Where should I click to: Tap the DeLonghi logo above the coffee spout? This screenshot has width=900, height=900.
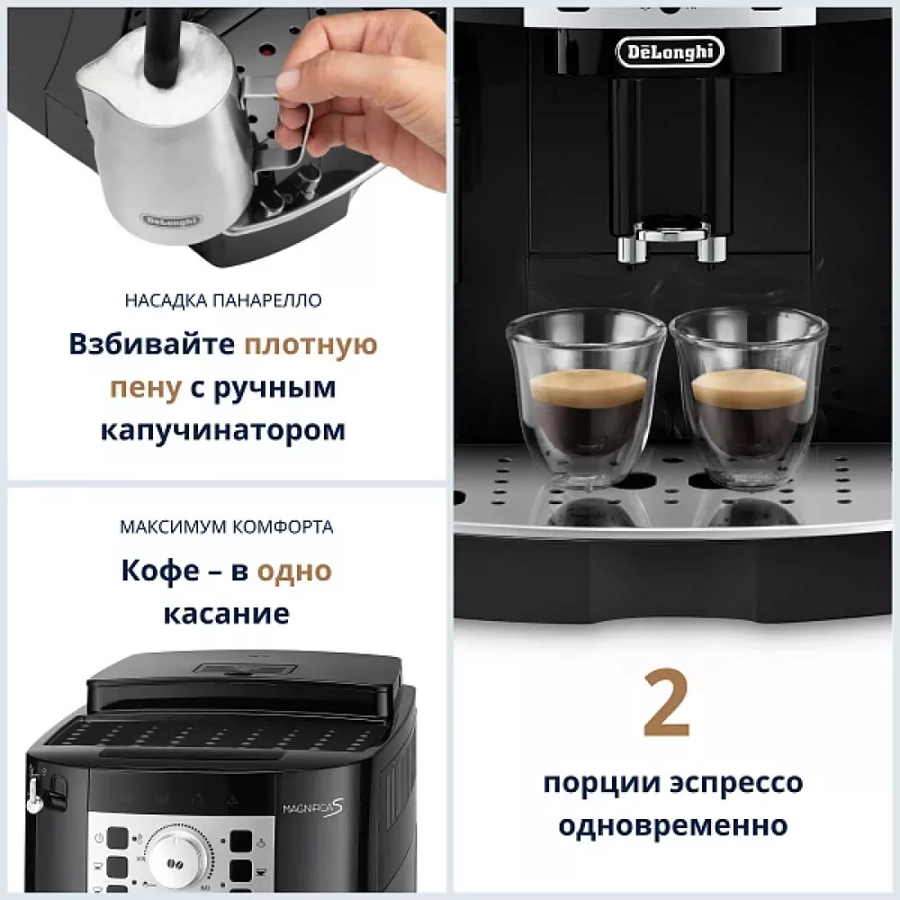click(670, 51)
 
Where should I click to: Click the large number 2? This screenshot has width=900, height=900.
click(667, 703)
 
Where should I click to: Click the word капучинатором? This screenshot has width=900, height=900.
click(222, 429)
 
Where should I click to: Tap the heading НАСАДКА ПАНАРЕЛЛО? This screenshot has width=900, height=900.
click(223, 301)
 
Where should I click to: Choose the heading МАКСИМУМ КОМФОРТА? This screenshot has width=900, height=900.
click(226, 527)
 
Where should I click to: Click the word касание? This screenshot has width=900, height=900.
click(226, 614)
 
